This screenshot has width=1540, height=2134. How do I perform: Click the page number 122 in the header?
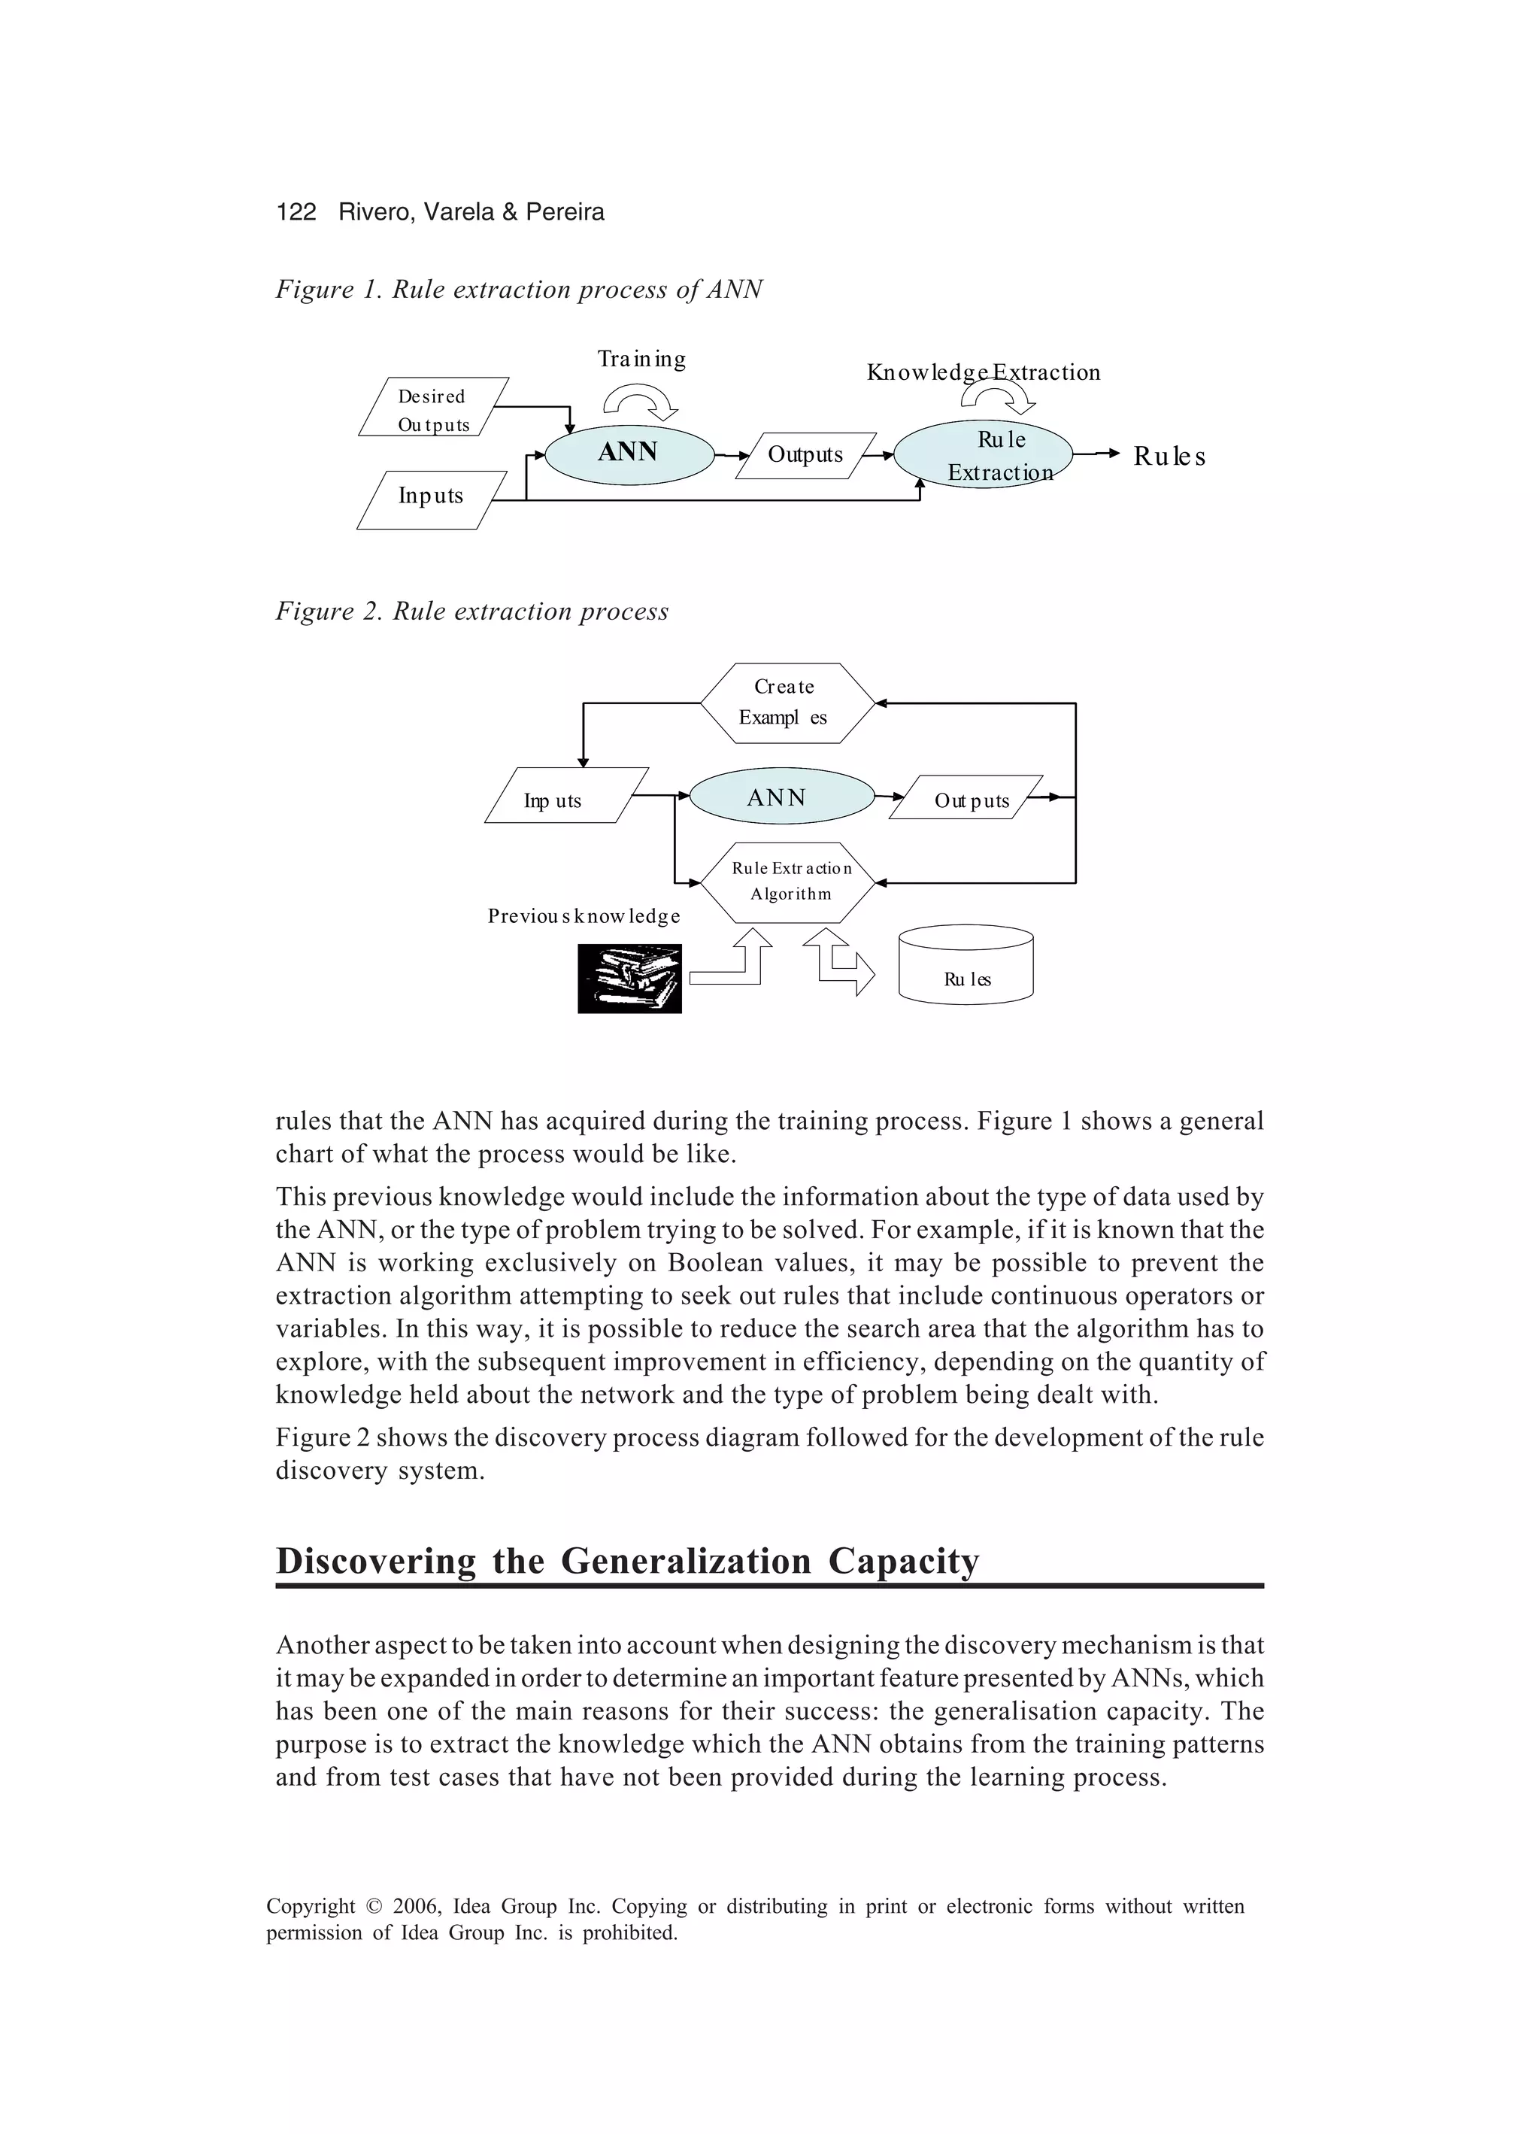tap(296, 211)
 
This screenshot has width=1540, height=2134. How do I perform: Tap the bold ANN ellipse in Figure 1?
tap(629, 454)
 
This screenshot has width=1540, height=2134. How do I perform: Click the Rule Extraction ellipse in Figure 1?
tap(983, 454)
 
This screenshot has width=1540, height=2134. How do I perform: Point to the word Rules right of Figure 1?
tap(1169, 457)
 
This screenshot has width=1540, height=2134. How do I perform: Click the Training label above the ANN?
tap(641, 360)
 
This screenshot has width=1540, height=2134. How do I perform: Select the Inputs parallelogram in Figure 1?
tap(431, 498)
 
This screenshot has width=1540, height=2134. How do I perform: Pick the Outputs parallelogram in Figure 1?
tap(805, 455)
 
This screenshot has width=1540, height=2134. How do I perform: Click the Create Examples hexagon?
tap(787, 703)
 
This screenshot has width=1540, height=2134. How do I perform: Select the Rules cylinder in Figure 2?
tap(966, 967)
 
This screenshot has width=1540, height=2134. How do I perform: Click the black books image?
tap(629, 979)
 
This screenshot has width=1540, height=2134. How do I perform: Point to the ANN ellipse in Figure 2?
tap(782, 797)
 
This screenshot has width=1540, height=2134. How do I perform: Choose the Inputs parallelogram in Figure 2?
tap(565, 797)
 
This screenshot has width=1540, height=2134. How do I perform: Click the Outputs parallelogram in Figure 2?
tap(967, 799)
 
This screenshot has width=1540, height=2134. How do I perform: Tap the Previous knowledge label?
tap(584, 916)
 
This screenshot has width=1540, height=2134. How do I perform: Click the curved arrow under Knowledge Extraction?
tap(998, 399)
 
